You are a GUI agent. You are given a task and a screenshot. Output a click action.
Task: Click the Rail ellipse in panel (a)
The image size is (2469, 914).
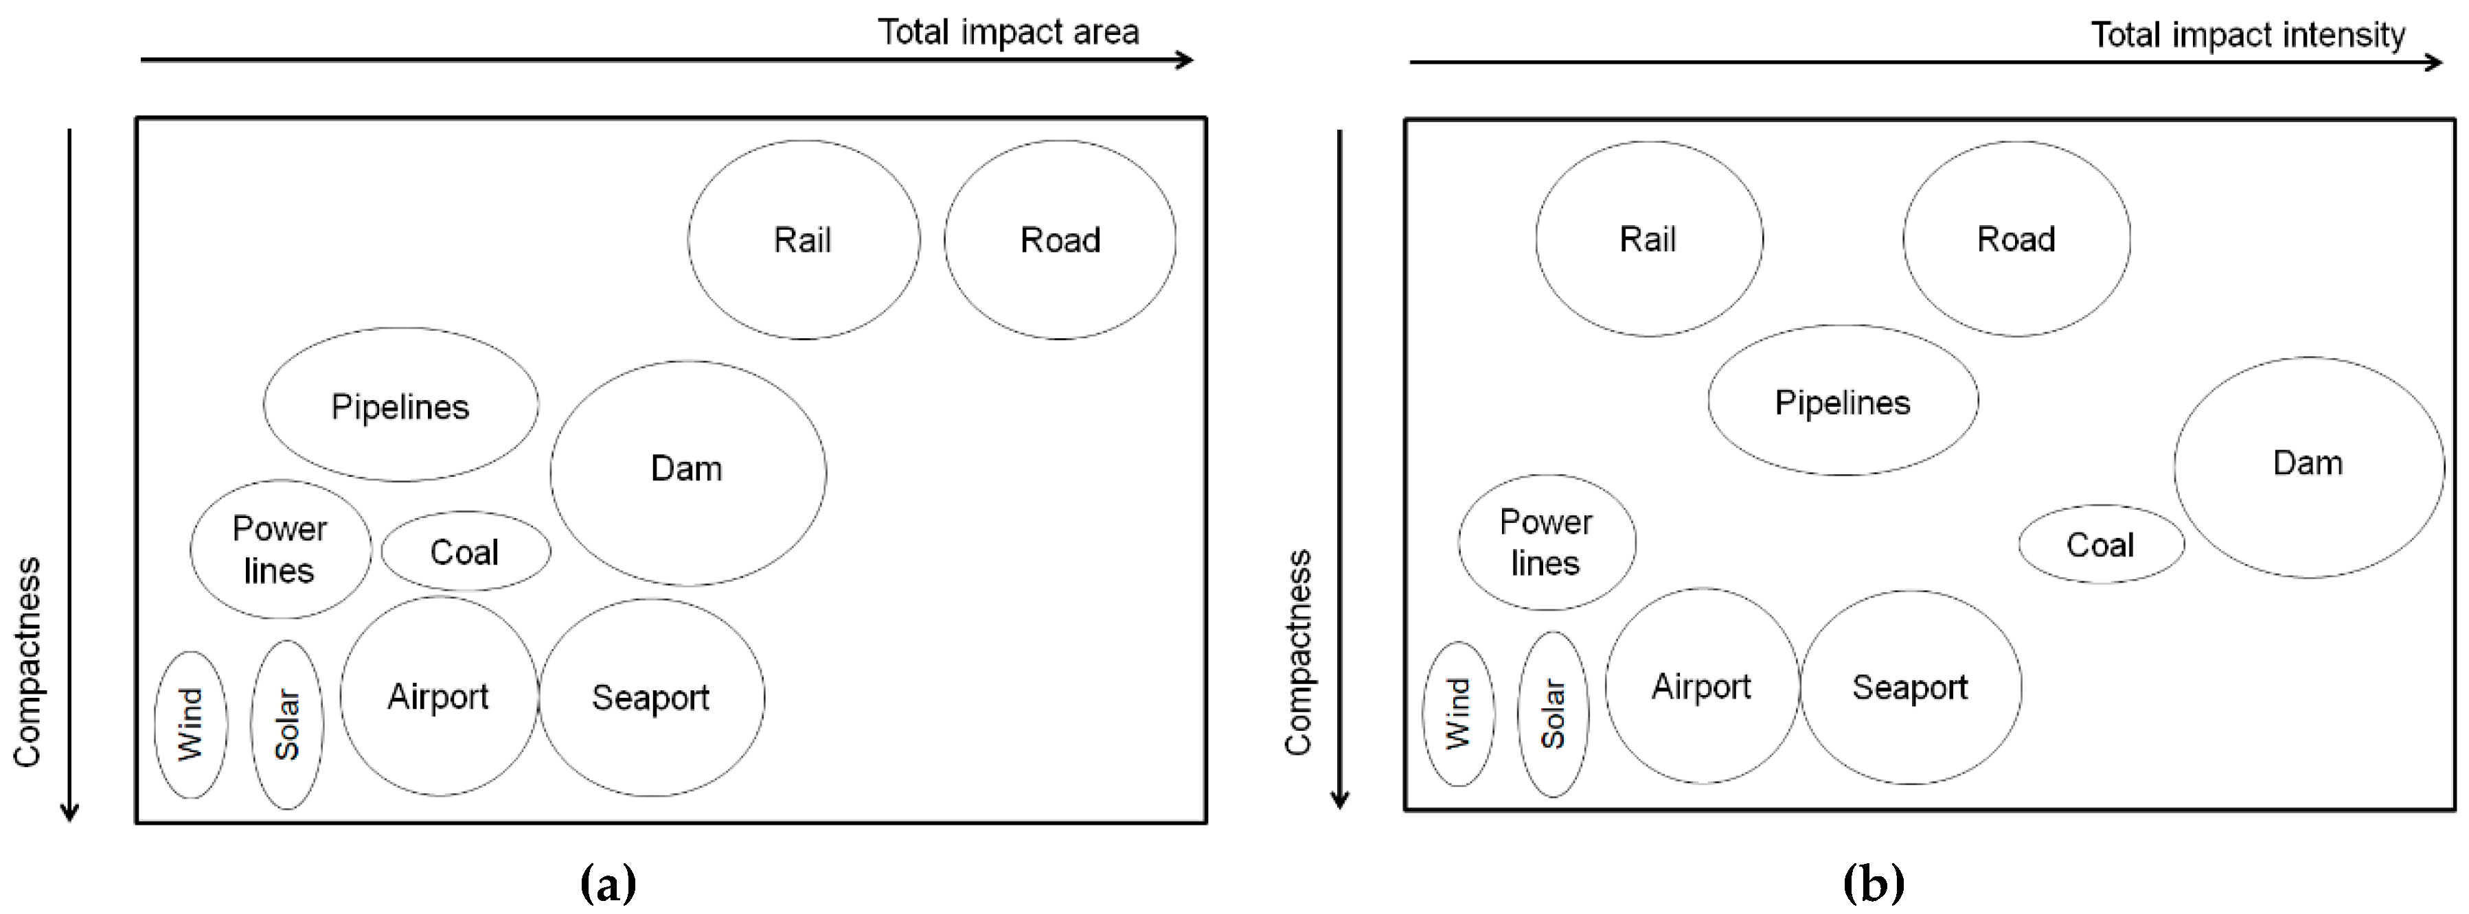[x=803, y=239]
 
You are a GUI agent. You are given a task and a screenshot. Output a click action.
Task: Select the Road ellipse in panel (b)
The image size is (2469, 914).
[x=2016, y=239]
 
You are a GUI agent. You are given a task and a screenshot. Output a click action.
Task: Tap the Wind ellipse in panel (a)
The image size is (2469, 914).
[x=191, y=725]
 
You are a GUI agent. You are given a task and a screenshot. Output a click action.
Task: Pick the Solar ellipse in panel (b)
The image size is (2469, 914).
[x=1553, y=714]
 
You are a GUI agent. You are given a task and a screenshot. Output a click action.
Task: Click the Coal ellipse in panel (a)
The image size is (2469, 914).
[x=466, y=551]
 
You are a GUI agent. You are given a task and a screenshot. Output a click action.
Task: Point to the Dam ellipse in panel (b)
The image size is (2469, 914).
[x=2308, y=467]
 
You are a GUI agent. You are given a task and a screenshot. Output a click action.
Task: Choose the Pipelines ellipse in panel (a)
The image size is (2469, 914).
[x=400, y=406]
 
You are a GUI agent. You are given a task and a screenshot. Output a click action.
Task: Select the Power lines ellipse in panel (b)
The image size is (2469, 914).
[x=1546, y=542]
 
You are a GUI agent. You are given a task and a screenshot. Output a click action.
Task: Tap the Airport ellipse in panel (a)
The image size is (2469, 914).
[x=439, y=696]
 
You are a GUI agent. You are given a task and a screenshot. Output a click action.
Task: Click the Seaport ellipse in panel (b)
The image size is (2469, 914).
[x=1910, y=687]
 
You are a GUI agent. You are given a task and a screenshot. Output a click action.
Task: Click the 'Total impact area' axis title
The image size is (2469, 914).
[x=1008, y=32]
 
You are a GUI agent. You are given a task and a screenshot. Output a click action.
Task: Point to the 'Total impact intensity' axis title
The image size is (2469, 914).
[x=2248, y=36]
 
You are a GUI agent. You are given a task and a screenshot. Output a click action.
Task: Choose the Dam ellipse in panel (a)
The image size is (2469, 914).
[x=687, y=472]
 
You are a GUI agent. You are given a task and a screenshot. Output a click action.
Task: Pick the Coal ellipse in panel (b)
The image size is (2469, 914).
[x=2101, y=544]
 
